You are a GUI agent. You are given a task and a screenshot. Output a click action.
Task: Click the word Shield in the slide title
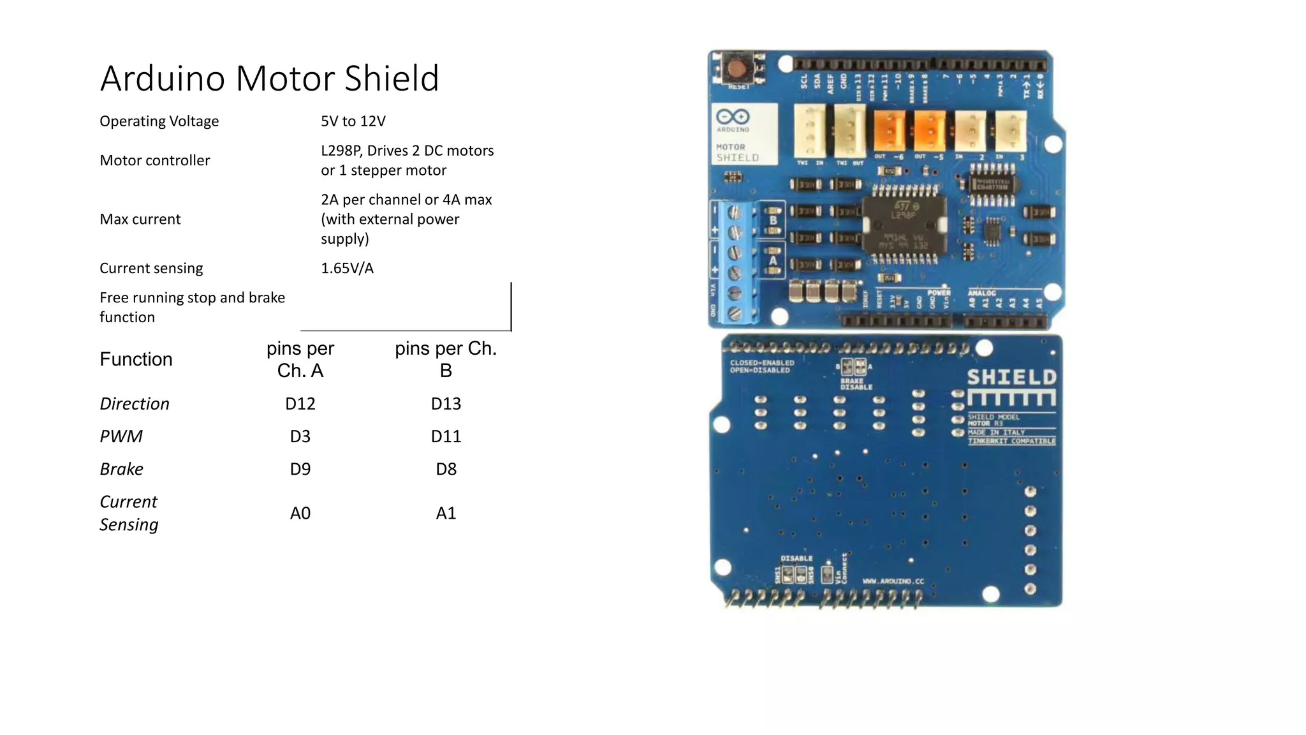[x=391, y=78]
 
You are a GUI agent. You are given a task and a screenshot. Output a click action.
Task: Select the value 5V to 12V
[x=353, y=121]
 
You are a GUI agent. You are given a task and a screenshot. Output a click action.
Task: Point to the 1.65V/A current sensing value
[x=347, y=268]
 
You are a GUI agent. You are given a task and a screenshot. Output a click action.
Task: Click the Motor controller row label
[x=154, y=161]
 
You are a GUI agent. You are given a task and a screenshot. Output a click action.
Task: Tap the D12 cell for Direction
[x=300, y=404]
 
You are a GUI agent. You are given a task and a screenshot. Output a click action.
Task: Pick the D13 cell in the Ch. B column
[x=446, y=404]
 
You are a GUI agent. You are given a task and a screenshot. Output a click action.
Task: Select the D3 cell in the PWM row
[x=300, y=436]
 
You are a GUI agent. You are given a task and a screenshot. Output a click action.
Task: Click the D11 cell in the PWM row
[x=446, y=436]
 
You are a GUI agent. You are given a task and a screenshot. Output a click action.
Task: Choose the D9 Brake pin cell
[x=300, y=470]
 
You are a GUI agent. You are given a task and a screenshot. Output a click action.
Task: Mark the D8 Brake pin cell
[x=446, y=470]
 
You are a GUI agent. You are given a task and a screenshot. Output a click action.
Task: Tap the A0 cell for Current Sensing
[x=300, y=514]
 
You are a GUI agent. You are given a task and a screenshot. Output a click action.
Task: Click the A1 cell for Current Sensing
[x=446, y=514]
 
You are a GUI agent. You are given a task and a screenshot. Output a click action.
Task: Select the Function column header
[x=136, y=359]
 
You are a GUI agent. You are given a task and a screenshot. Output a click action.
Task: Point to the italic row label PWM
[x=121, y=436]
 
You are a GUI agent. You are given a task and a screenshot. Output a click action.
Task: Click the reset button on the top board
[x=738, y=68]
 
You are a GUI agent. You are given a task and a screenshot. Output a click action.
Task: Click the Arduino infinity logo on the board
[x=732, y=117]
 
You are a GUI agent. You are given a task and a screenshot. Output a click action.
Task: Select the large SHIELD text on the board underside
[x=1011, y=378]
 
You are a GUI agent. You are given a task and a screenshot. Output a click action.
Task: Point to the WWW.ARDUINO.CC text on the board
[x=893, y=581]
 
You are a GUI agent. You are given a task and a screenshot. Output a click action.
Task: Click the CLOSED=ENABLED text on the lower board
[x=762, y=363]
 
